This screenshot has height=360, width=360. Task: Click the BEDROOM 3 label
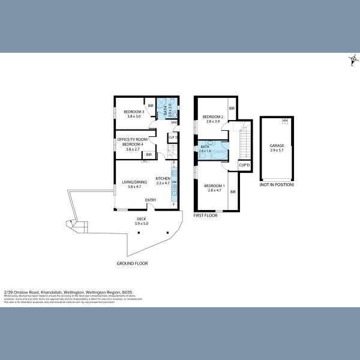point(134,112)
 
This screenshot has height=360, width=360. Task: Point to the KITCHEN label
point(163,179)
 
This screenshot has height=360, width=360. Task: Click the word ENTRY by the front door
point(151,200)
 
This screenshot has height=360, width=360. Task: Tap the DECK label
point(142,219)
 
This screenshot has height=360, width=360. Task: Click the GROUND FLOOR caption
point(132,263)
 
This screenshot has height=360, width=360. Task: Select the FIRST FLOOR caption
point(205,215)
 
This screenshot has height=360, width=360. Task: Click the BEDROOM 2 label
point(213,116)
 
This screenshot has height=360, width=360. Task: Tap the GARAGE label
point(277,146)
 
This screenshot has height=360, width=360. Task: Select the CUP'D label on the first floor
point(244,165)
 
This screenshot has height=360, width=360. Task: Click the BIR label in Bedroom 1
point(232,191)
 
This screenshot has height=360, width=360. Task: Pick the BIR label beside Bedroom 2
point(231,109)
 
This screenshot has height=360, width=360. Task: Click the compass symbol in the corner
point(353,59)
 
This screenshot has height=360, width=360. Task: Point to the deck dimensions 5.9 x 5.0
point(142,224)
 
